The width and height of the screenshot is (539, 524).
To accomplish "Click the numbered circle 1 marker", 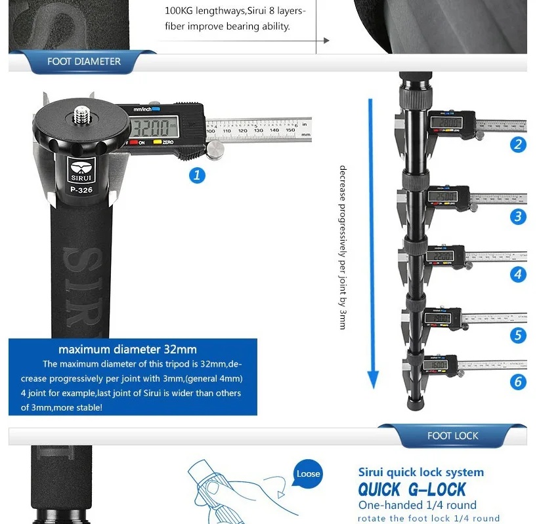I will pyautogui.click(x=197, y=175).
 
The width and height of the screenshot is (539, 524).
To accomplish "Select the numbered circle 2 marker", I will pyautogui.click(x=518, y=145).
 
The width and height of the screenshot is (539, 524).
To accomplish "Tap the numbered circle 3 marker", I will pyautogui.click(x=518, y=216).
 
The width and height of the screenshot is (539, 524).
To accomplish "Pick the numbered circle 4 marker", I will pyautogui.click(x=518, y=274).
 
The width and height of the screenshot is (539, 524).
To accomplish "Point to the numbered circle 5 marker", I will pyautogui.click(x=518, y=336).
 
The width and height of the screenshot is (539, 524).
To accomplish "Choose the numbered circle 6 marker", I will pyautogui.click(x=518, y=382).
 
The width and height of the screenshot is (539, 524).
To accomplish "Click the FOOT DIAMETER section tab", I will pyautogui.click(x=84, y=62).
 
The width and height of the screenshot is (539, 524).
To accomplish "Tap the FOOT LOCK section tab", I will pyautogui.click(x=452, y=435).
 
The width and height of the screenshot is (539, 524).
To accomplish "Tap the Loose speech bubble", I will pyautogui.click(x=308, y=474).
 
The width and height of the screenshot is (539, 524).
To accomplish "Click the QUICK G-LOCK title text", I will pyautogui.click(x=412, y=489).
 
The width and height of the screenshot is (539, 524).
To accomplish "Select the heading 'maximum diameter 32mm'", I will pyautogui.click(x=127, y=349).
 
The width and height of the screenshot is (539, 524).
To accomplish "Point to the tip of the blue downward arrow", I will pyautogui.click(x=373, y=385).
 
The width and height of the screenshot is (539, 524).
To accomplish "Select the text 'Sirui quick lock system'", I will pyautogui.click(x=421, y=472).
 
